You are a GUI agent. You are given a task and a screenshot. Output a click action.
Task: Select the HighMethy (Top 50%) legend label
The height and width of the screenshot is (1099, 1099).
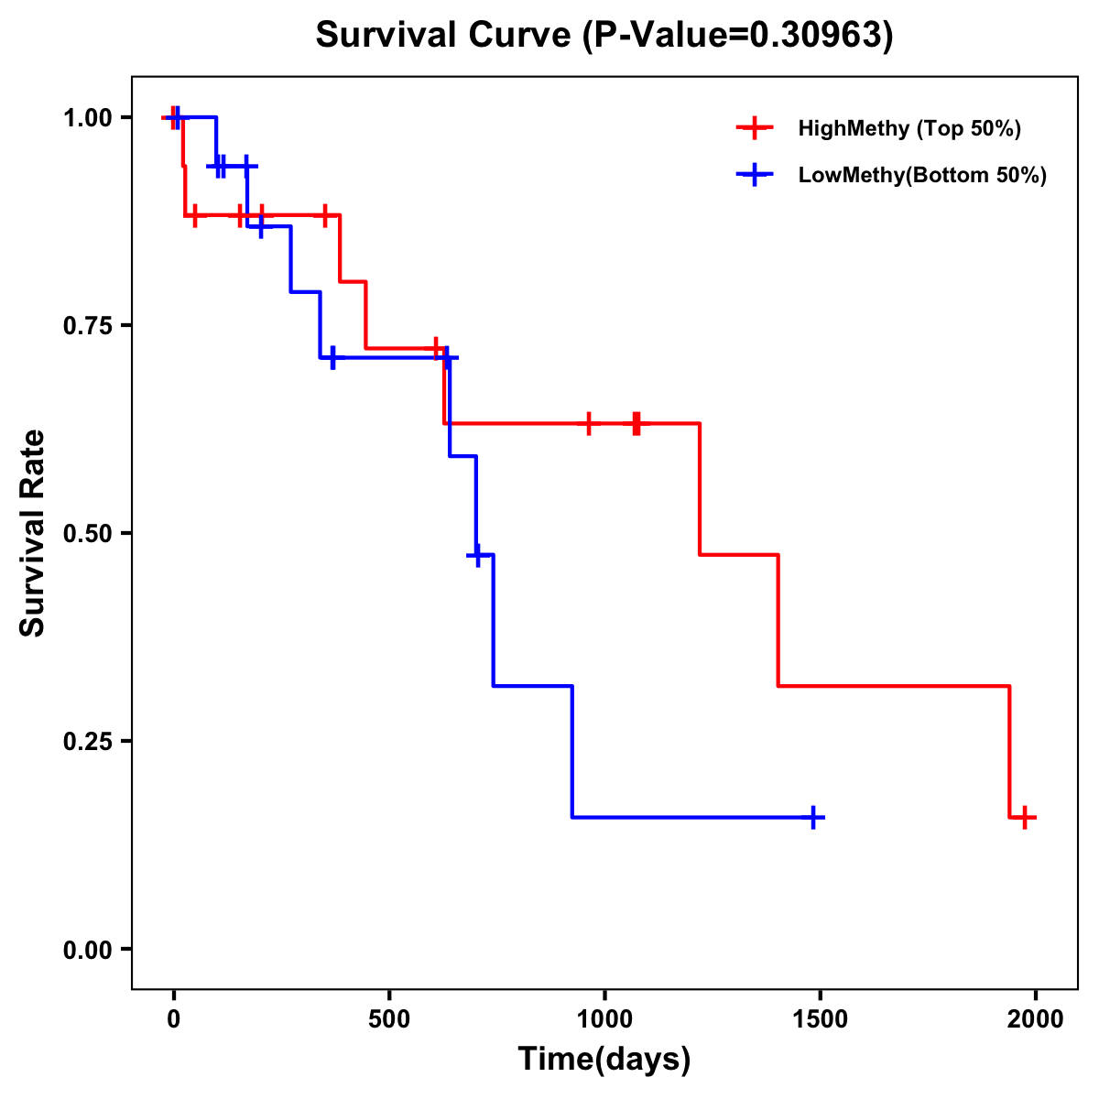(909, 128)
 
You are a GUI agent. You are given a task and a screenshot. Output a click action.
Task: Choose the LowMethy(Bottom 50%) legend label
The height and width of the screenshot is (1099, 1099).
(922, 175)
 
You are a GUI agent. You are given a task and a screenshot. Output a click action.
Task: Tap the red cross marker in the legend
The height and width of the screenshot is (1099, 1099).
(755, 128)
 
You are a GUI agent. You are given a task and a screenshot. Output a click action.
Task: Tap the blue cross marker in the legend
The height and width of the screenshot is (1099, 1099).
(755, 175)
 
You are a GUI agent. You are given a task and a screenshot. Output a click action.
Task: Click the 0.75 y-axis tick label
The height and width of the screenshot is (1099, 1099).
(86, 326)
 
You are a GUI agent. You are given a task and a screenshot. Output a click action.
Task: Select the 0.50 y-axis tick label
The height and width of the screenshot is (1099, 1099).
(86, 534)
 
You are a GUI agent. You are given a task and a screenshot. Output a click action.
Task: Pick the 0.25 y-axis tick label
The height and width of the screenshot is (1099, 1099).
(86, 742)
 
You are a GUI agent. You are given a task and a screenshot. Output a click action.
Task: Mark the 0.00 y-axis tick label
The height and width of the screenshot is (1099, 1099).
(86, 950)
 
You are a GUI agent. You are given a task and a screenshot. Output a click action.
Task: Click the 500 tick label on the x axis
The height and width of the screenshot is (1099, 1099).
(389, 1019)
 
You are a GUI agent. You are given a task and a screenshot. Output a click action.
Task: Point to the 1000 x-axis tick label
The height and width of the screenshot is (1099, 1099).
(604, 1019)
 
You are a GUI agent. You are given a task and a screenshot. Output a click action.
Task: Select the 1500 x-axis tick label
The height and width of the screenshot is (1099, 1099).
(820, 1019)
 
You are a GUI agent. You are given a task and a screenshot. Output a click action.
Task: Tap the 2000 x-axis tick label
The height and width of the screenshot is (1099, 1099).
(1036, 1019)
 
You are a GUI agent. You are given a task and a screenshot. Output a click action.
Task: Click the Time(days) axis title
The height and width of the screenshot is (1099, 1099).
(604, 1060)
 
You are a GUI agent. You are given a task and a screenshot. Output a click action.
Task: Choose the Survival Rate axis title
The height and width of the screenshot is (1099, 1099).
(33, 533)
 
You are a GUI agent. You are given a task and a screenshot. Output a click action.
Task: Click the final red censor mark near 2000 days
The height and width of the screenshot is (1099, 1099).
(1025, 817)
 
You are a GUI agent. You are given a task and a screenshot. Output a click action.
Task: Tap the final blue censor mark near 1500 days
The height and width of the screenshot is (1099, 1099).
(812, 817)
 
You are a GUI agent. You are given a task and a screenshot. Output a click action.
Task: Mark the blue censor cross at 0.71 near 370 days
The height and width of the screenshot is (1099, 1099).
(332, 357)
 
